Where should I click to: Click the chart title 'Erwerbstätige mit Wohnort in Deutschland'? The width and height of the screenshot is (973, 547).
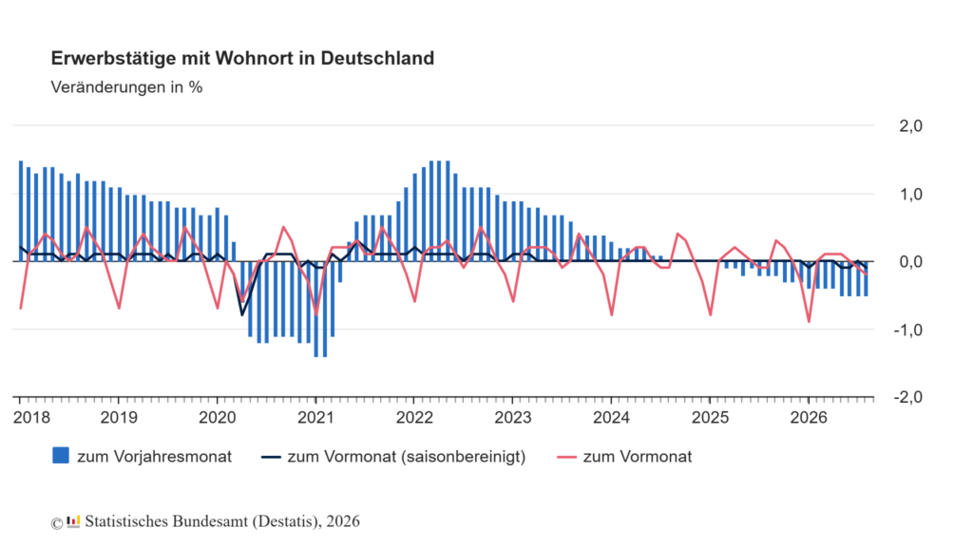(x=242, y=58)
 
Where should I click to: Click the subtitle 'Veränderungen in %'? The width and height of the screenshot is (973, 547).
(x=126, y=87)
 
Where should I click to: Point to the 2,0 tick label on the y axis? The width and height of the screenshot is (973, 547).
(x=910, y=126)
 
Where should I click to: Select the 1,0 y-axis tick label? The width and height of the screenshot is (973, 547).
(x=910, y=194)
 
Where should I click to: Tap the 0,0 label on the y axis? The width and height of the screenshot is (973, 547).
(x=910, y=262)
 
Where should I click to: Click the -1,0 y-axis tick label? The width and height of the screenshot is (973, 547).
(x=907, y=330)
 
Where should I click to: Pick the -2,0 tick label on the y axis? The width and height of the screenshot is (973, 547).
(x=907, y=397)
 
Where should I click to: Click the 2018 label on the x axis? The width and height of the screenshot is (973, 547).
(x=31, y=418)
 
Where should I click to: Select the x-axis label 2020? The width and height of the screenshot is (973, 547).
(x=218, y=418)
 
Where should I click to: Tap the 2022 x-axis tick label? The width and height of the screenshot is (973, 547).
(x=414, y=418)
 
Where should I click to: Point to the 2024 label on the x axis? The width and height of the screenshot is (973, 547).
(x=611, y=418)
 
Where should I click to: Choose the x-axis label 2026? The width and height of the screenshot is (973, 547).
(x=809, y=418)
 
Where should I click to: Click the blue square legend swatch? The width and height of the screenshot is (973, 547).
(x=61, y=456)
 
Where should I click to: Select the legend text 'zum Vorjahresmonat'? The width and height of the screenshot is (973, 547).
(x=155, y=457)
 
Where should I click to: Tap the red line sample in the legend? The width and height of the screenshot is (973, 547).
(x=567, y=458)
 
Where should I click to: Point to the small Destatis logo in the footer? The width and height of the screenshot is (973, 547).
(x=73, y=522)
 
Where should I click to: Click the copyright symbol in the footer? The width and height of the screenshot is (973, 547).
(x=56, y=524)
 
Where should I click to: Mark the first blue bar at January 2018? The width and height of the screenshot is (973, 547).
(x=21, y=211)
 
